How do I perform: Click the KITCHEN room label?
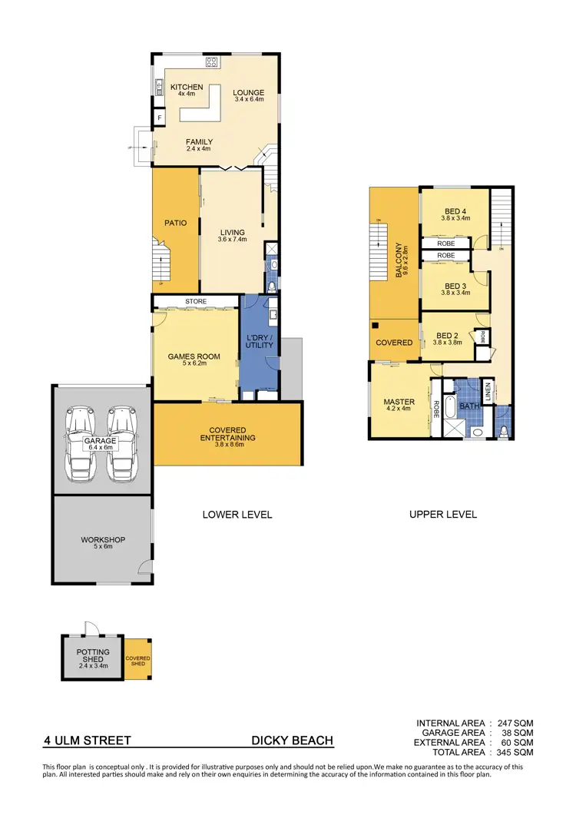[187, 88]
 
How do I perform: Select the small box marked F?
[159, 118]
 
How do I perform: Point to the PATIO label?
[176, 223]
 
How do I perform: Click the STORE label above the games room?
[195, 302]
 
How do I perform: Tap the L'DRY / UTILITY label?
[259, 342]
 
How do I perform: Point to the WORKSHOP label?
[102, 540]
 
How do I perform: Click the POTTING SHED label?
[93, 656]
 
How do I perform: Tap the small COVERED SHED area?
[138, 660]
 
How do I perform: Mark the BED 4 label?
[455, 213]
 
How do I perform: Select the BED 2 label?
[449, 336]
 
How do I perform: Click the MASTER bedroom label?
[399, 402]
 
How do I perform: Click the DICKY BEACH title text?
[293, 741]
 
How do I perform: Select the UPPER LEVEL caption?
[443, 514]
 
